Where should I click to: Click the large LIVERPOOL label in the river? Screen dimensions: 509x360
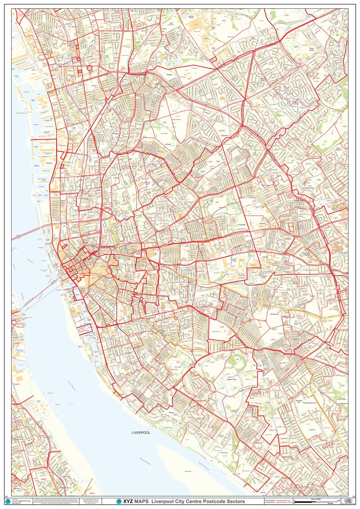pos(141,433)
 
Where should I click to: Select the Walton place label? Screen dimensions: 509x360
pos(169,75)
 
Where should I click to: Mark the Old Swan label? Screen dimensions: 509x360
pos(288,238)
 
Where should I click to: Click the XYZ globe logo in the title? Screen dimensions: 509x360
pos(119,501)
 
